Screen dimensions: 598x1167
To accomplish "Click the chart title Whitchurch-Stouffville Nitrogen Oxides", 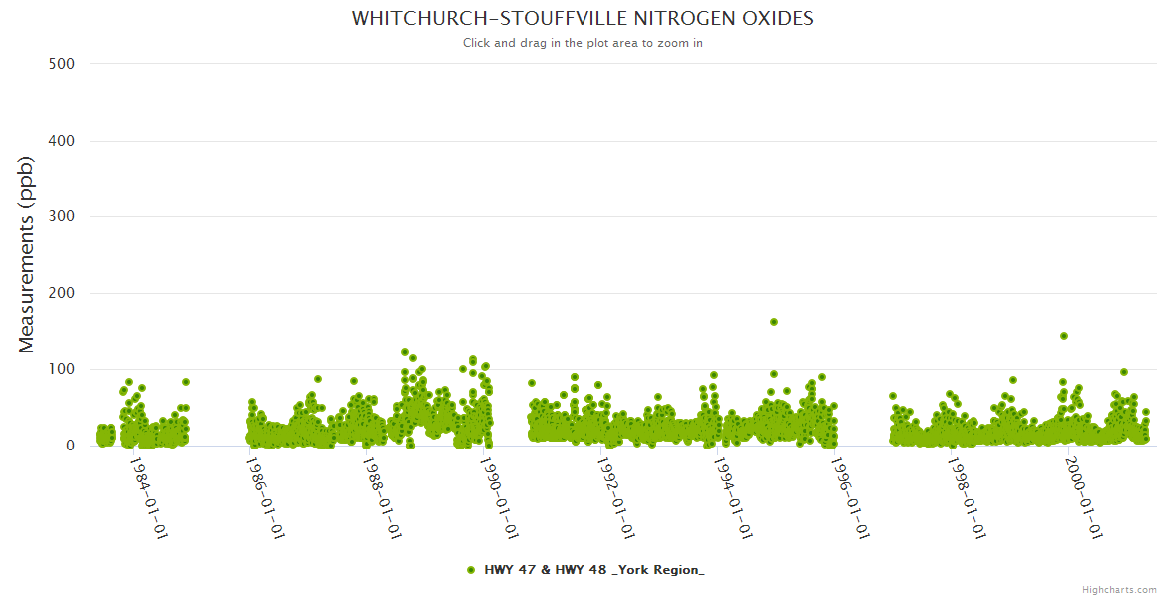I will click(x=583, y=19).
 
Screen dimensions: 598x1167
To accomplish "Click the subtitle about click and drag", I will click(x=583, y=43).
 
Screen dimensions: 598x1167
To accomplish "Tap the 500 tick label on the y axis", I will click(x=61, y=64).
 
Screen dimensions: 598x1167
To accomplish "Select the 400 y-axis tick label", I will click(x=61, y=141).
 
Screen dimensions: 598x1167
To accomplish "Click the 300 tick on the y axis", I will click(x=61, y=216).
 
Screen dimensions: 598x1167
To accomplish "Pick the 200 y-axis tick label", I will click(x=61, y=293).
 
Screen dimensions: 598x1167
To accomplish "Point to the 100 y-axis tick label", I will click(x=61, y=370).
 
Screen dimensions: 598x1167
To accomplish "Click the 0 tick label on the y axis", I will click(x=69, y=446).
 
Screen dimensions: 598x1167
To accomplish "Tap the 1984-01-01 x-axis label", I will click(x=148, y=497).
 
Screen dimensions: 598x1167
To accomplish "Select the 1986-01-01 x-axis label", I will click(x=265, y=497).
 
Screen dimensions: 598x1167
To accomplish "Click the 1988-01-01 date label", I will click(x=382, y=497).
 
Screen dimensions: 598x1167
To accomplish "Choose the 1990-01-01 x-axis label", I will click(x=500, y=497).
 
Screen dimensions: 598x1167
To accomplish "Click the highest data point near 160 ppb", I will click(x=774, y=322).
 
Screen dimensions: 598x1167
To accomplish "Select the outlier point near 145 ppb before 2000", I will click(x=1064, y=336).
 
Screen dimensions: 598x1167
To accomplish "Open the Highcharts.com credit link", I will click(x=1119, y=589).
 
